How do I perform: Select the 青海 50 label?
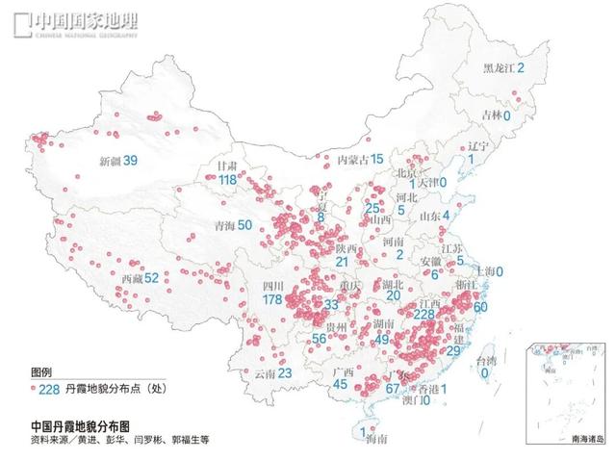tap(231, 225)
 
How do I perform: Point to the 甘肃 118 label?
tap(228, 173)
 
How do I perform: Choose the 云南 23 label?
tap(272, 372)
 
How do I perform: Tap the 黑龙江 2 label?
tap(504, 67)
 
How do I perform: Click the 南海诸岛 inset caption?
tap(586, 437)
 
